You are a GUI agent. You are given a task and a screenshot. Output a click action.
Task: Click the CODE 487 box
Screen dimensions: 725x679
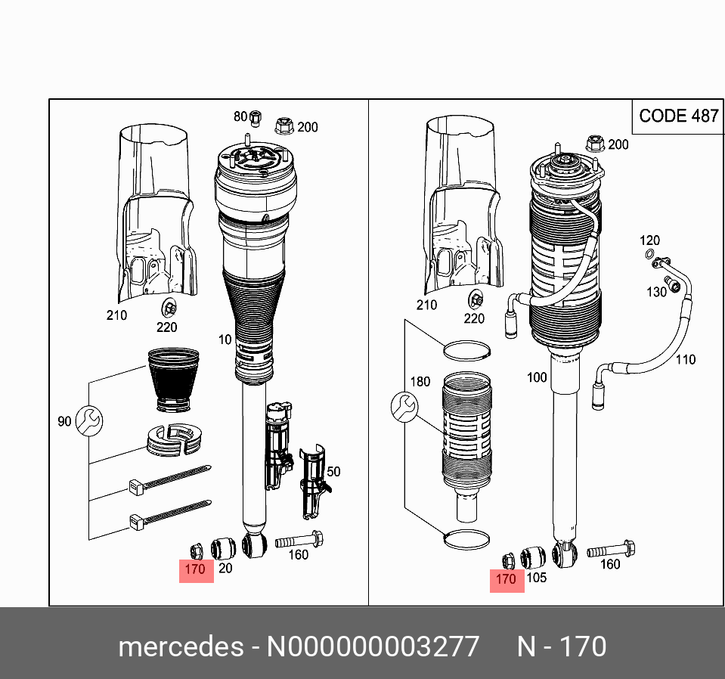click(x=678, y=116)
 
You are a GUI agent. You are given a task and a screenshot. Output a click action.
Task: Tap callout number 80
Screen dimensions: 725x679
click(x=240, y=116)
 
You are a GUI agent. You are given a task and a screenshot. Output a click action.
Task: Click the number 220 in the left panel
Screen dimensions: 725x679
click(x=166, y=327)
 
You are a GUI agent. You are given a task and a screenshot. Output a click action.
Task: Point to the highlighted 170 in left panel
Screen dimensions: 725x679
click(x=196, y=569)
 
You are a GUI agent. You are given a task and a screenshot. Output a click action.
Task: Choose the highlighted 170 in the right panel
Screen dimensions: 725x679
click(x=507, y=579)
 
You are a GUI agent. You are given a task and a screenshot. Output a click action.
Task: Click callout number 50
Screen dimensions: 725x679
click(x=333, y=472)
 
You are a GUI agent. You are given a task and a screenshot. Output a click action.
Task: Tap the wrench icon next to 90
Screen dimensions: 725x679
click(x=88, y=420)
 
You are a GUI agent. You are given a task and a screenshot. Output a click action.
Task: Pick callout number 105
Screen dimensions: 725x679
click(x=535, y=578)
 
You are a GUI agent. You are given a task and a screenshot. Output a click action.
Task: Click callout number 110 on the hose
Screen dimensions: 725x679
click(x=685, y=360)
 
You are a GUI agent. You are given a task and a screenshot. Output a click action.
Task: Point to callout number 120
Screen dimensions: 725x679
click(x=649, y=240)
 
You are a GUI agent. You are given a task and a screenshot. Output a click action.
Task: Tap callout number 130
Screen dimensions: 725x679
click(x=655, y=292)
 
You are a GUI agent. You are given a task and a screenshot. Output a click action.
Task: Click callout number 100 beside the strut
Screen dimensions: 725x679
click(x=537, y=377)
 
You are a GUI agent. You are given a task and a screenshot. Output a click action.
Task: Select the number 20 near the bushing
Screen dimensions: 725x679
click(x=225, y=569)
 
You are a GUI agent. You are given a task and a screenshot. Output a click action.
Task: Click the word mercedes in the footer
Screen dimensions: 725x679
click(x=180, y=647)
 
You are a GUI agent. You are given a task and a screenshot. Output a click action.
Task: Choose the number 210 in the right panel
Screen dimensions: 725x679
click(x=427, y=305)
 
